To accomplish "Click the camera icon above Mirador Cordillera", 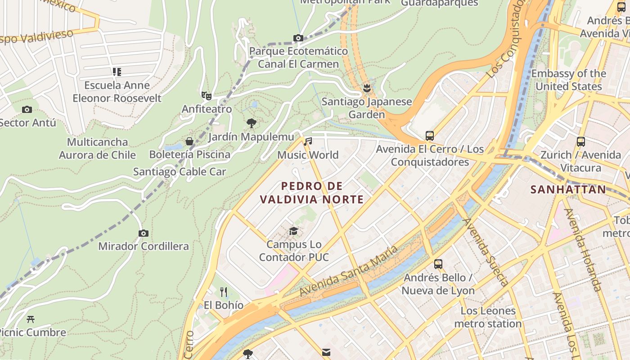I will point(144,233).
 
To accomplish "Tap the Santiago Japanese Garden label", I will point(367,108).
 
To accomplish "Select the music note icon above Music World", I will point(308,142).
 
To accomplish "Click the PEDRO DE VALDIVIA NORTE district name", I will point(312,193).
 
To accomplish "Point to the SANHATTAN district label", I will point(568,189).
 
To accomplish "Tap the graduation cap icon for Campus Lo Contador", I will point(293,231).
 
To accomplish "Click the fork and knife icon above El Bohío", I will point(224,292).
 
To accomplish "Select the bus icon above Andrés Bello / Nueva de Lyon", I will point(438,264).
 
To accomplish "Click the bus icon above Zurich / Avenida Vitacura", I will point(580,142).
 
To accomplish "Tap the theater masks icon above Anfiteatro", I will point(206,95).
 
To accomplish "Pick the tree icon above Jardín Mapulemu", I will point(252,123).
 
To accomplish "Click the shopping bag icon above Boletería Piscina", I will point(189,141).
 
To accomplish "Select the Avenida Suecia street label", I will point(486,252).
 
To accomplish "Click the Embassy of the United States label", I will point(568,80).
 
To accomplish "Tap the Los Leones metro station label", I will point(488,317).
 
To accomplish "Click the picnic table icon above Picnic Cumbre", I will point(31,319).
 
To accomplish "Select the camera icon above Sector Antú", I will point(27,109).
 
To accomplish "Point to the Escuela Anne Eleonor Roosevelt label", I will point(117,91).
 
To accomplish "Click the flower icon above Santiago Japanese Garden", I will point(367,88).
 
